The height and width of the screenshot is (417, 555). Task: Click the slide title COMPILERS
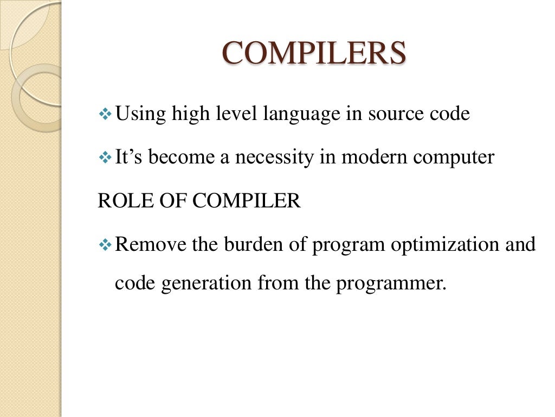(x=314, y=54)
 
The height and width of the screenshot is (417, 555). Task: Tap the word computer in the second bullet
(x=456, y=157)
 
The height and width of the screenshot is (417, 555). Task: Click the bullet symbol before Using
(x=105, y=115)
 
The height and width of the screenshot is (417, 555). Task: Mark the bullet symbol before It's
(x=105, y=158)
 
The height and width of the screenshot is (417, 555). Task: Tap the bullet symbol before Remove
(x=105, y=245)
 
